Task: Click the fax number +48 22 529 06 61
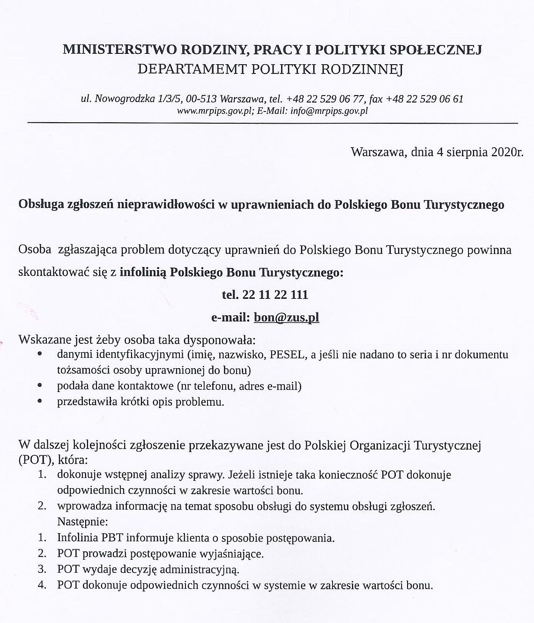tap(425, 99)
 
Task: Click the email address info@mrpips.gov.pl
tap(329, 111)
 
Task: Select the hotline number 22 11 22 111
tap(274, 295)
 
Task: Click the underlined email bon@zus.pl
tap(286, 317)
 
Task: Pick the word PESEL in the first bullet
tap(287, 355)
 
